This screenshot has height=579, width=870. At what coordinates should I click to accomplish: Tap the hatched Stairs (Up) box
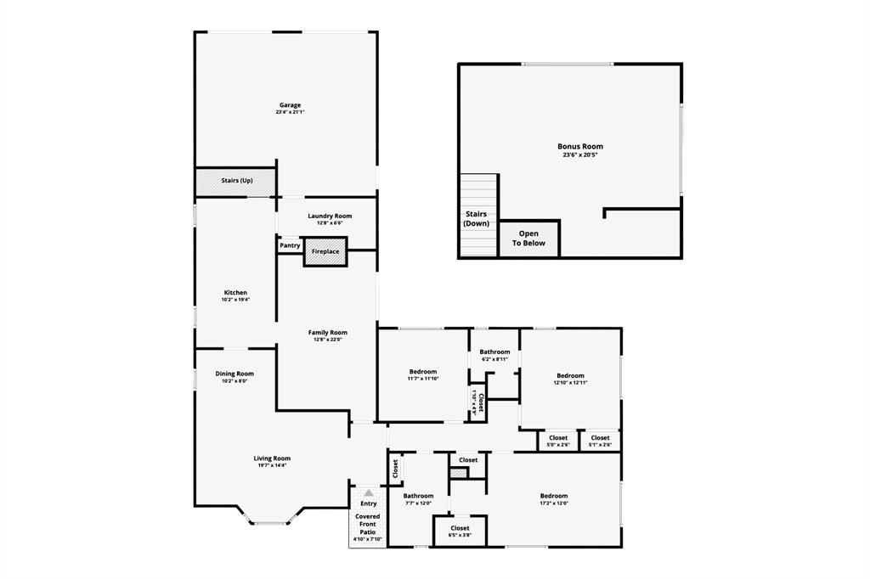click(236, 182)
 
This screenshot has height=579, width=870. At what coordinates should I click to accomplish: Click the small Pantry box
click(290, 245)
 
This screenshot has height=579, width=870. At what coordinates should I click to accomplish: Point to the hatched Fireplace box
click(325, 252)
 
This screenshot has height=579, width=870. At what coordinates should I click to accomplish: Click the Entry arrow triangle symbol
click(368, 492)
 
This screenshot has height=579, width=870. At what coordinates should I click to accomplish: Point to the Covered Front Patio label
click(368, 526)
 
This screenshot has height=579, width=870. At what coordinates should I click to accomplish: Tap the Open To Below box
click(528, 239)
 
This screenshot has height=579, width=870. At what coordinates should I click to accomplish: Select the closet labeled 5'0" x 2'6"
click(558, 440)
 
